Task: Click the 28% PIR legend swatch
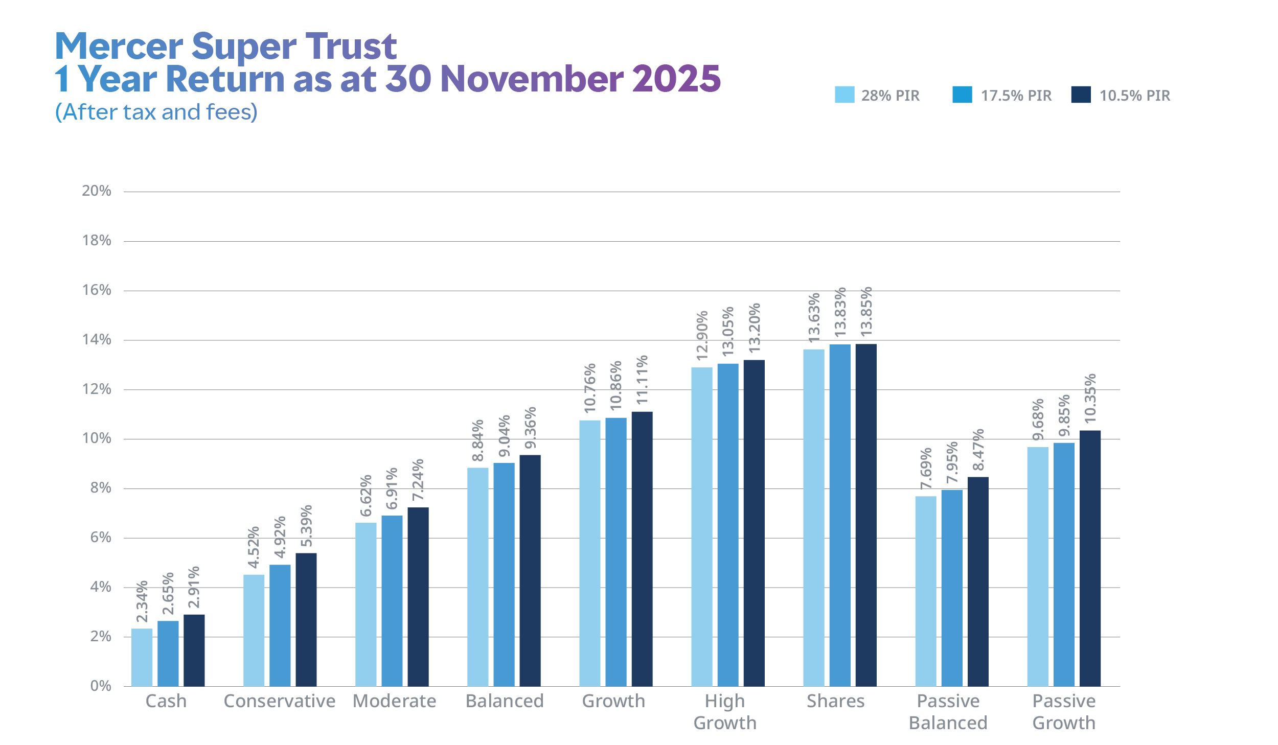click(x=844, y=95)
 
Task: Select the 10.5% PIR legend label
click(x=1134, y=96)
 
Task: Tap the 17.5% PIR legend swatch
click(x=962, y=95)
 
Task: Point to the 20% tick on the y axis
click(x=97, y=191)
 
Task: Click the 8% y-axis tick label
click(x=101, y=488)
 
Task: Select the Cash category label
click(x=166, y=701)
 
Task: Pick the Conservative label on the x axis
click(x=280, y=701)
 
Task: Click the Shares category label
click(x=835, y=701)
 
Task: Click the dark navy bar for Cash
click(x=194, y=650)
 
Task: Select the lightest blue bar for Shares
click(x=813, y=517)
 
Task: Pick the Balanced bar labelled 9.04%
click(x=504, y=574)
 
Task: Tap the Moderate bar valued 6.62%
click(x=366, y=604)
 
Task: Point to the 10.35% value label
click(x=1090, y=399)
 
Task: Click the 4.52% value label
click(x=254, y=548)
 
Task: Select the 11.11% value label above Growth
click(x=642, y=380)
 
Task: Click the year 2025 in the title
click(x=676, y=79)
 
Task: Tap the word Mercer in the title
click(x=119, y=46)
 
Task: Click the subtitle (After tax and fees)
click(x=156, y=112)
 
